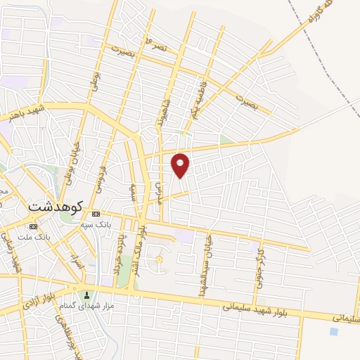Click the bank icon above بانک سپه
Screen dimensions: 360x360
(x=96, y=214)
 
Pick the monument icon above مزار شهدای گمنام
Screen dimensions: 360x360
(x=87, y=295)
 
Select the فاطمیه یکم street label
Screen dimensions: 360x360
(x=193, y=103)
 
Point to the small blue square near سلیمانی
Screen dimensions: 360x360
(x=333, y=330)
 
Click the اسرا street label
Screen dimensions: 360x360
(x=79, y=263)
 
